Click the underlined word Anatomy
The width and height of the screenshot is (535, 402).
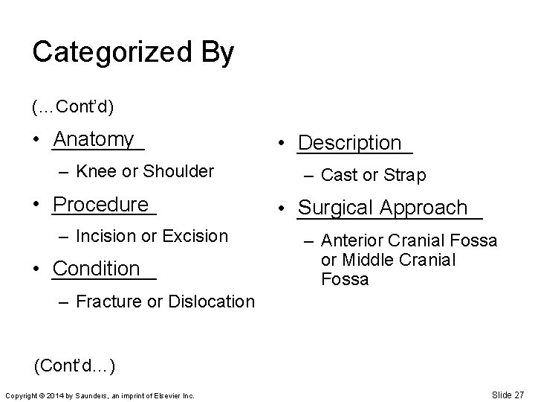click(94, 139)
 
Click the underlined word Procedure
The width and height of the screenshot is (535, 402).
click(102, 205)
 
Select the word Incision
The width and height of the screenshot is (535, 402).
click(105, 237)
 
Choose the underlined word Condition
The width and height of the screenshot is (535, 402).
click(97, 268)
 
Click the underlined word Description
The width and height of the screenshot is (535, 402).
click(349, 143)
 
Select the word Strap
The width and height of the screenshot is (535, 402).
click(405, 176)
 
